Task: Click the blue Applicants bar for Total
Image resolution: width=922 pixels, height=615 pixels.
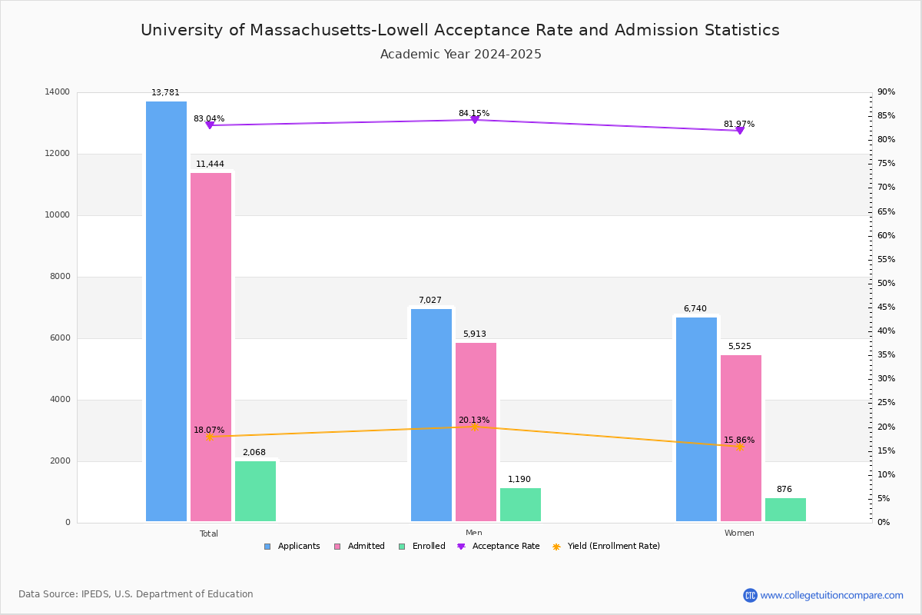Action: click(x=166, y=311)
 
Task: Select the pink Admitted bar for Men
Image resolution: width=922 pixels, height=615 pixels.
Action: click(x=476, y=432)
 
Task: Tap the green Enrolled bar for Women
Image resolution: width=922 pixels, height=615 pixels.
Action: click(x=785, y=510)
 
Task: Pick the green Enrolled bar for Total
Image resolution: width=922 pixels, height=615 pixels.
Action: click(x=255, y=491)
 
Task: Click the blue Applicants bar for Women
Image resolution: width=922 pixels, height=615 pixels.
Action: click(x=696, y=420)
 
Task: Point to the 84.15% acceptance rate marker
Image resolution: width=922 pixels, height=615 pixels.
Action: click(x=474, y=119)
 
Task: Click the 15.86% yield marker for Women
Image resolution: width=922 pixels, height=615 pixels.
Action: click(x=739, y=447)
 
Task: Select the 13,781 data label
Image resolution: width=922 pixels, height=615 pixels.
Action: click(x=165, y=93)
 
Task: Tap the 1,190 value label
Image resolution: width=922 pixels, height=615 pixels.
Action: click(x=519, y=480)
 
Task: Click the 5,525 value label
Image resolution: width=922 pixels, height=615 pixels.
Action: click(x=739, y=347)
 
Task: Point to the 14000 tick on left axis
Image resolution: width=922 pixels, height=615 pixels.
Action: click(x=57, y=92)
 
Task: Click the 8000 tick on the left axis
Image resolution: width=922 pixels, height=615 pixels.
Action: click(x=59, y=277)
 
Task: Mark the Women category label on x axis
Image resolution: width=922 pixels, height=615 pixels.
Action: click(x=739, y=534)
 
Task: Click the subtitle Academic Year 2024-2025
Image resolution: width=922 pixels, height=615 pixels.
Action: click(x=461, y=55)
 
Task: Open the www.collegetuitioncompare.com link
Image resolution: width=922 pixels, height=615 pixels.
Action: click(x=831, y=595)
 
